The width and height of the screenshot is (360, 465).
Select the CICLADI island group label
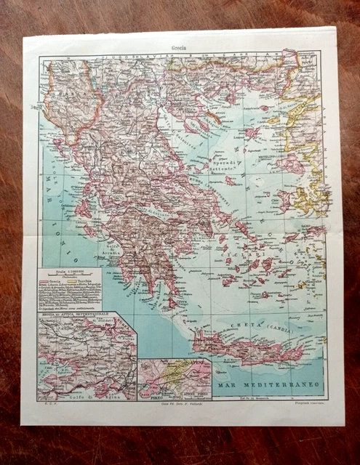pyautogui.click(x=255, y=254)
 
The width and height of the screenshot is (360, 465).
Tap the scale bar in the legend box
pyautogui.click(x=68, y=273)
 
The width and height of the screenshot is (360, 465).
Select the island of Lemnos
pyautogui.click(x=252, y=134)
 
